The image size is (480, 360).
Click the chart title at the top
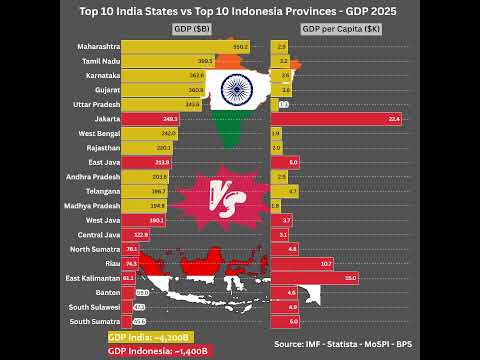pyautogui.click(x=240, y=9)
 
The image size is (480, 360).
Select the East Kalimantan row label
pyautogui.click(x=93, y=277)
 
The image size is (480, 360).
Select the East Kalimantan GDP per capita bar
pyautogui.click(x=314, y=277)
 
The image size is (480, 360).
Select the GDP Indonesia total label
pyautogui.click(x=159, y=351)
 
